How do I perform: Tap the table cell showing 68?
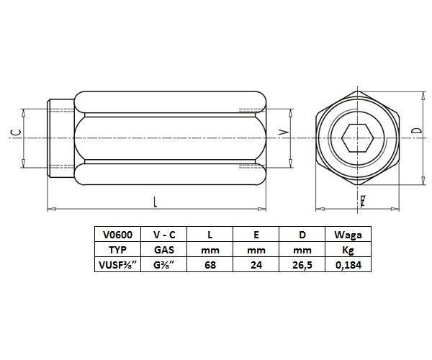pyautogui.click(x=211, y=265)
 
